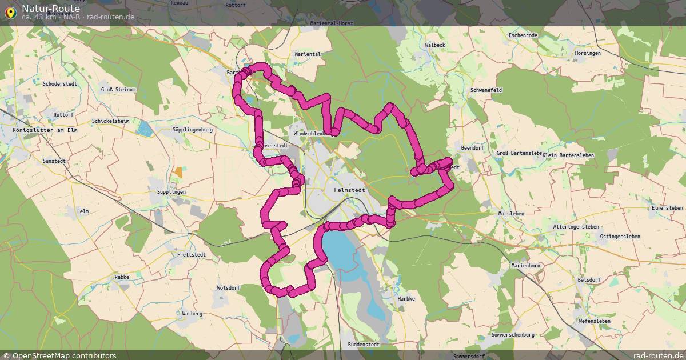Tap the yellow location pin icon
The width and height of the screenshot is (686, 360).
[x=10, y=12]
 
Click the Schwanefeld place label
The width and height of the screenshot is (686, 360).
[x=485, y=90]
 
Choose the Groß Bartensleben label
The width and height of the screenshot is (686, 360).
[x=519, y=153]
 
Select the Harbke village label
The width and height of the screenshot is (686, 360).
[x=405, y=298]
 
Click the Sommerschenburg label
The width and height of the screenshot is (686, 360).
[x=513, y=334]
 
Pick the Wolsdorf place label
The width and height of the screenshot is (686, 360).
[x=229, y=288]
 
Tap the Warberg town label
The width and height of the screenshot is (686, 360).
[x=192, y=314]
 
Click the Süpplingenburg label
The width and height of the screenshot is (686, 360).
[x=193, y=130]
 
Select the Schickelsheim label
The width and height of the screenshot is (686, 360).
[x=110, y=121]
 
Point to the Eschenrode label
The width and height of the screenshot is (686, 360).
[x=523, y=35]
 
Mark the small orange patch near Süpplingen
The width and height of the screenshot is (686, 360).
[x=179, y=172]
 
